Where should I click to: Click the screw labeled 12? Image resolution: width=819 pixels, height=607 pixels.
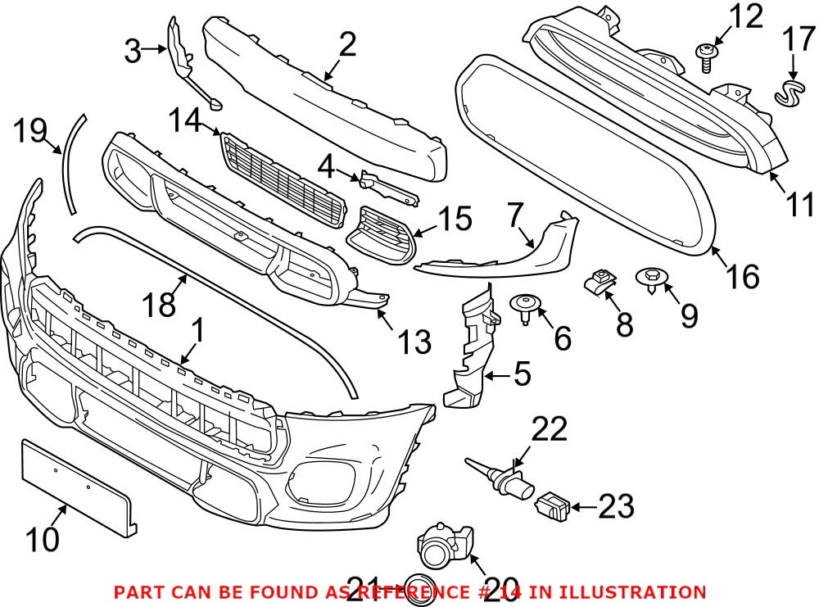click(704, 57)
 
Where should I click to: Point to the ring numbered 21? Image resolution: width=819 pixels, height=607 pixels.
click(420, 591)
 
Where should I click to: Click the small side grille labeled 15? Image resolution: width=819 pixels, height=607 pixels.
click(383, 236)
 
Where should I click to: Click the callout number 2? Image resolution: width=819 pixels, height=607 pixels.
click(347, 45)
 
